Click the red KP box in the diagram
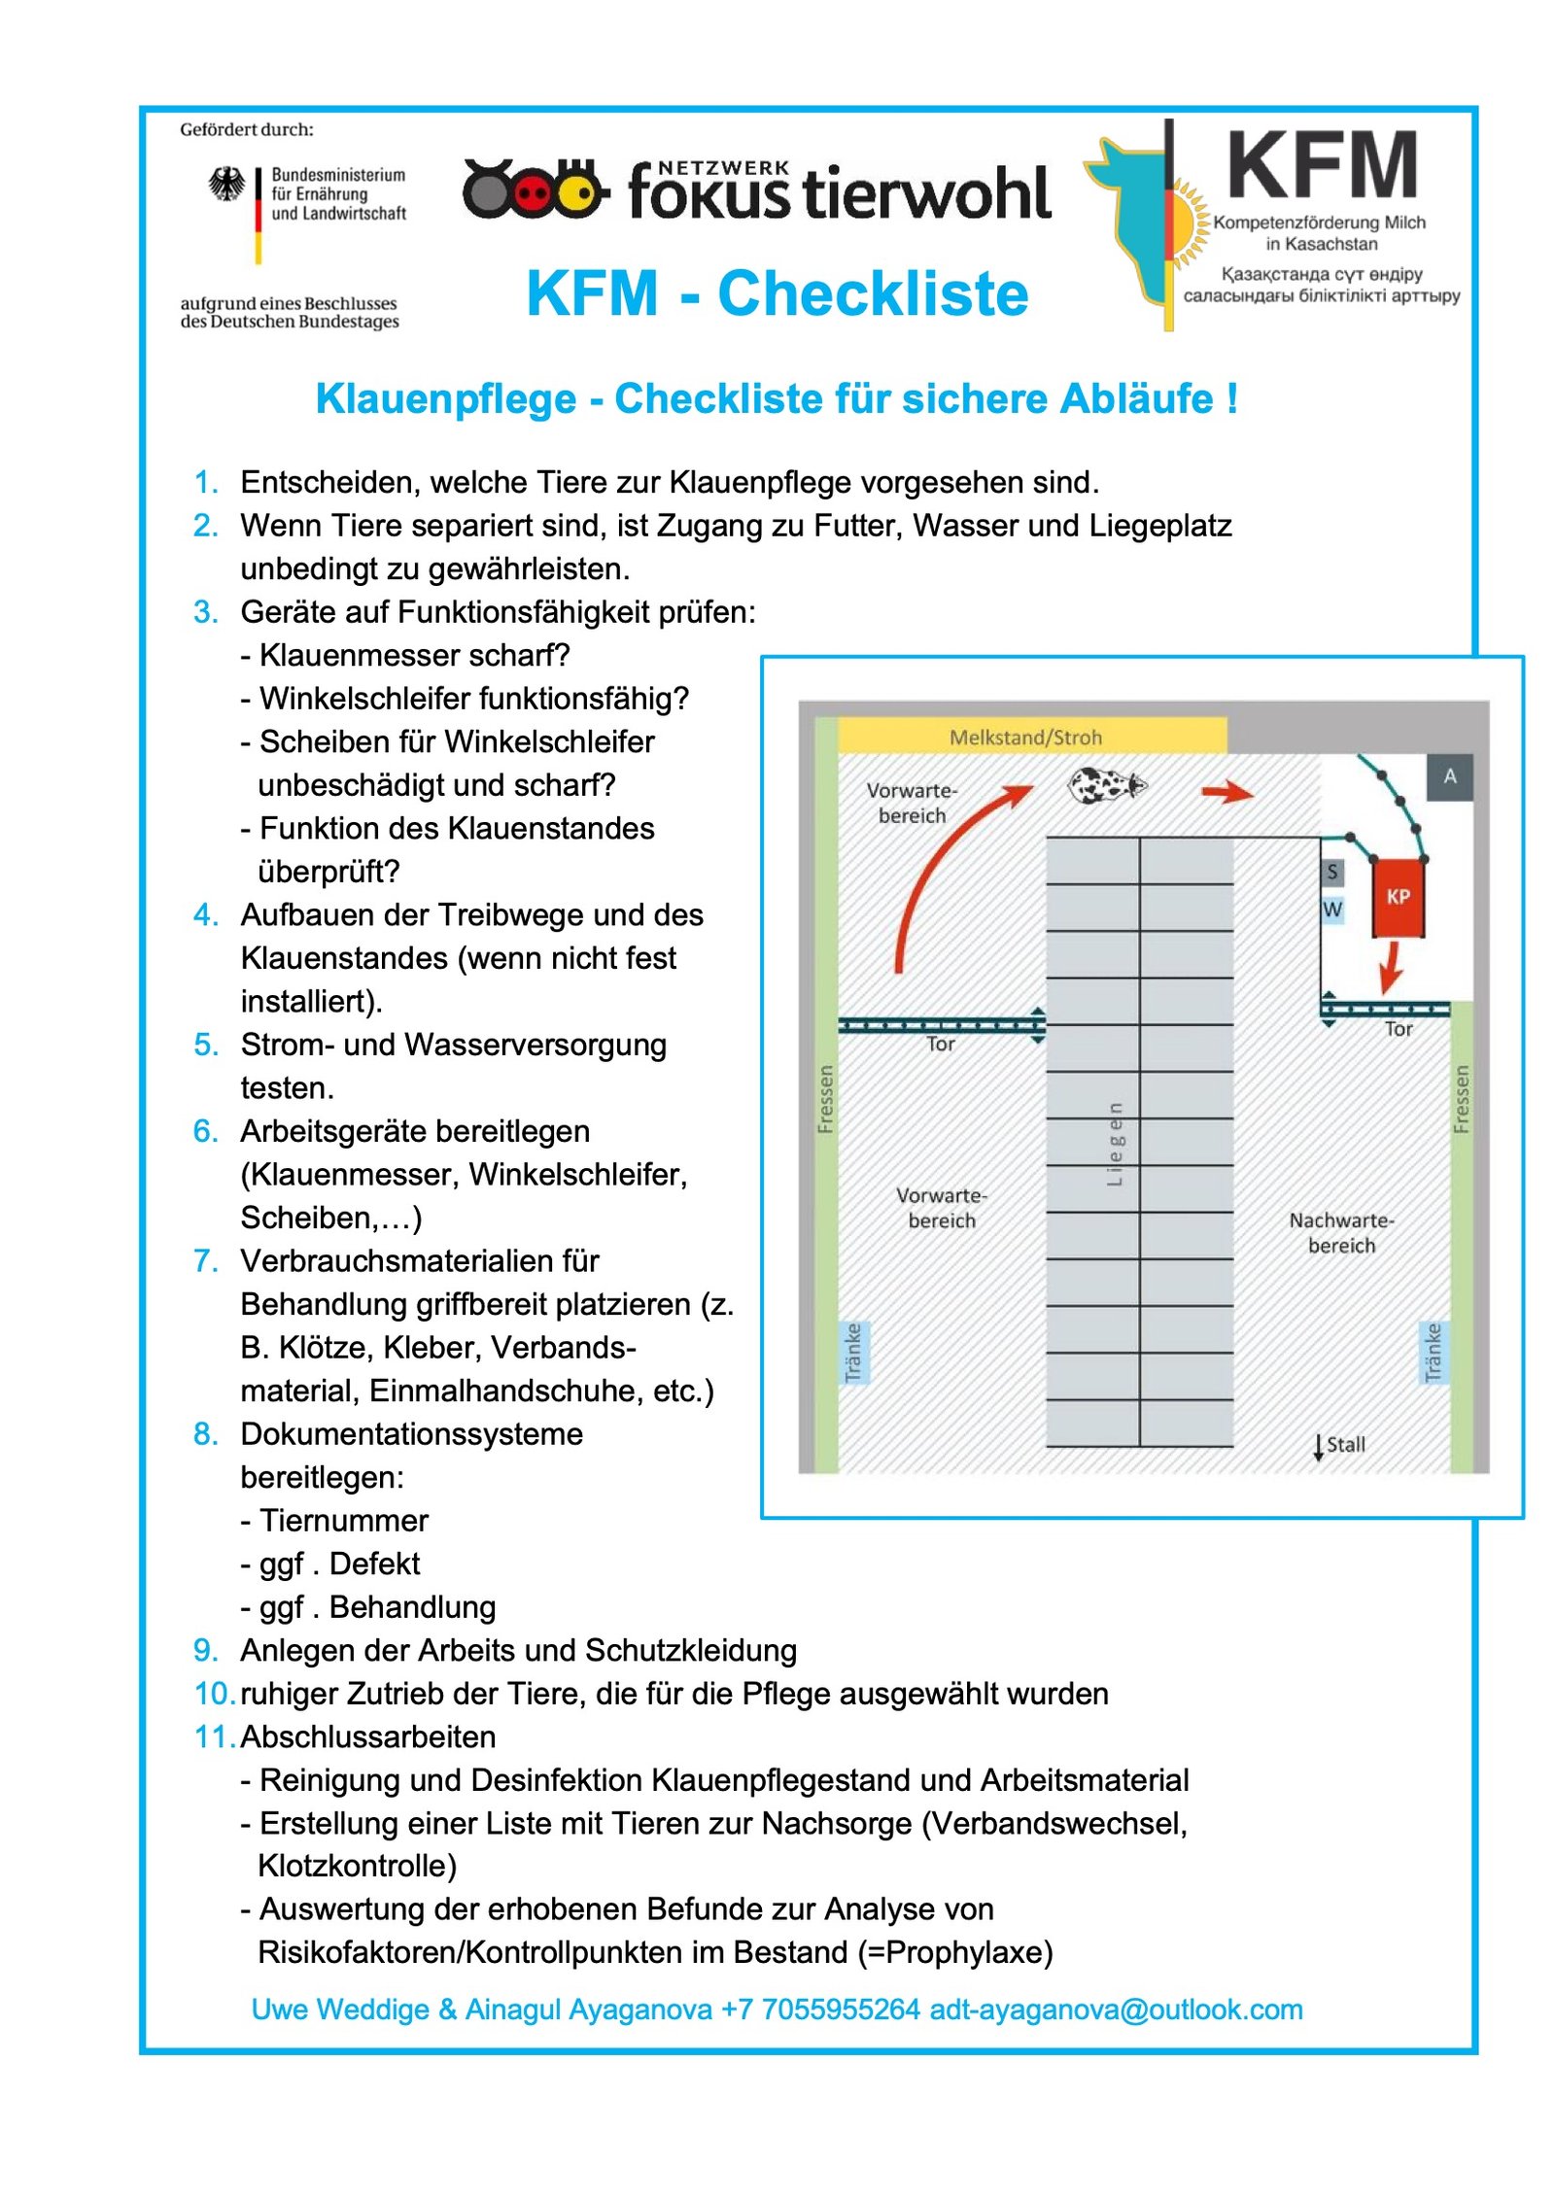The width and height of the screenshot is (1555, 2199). pos(1397,897)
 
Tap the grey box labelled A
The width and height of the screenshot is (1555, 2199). pos(1449,776)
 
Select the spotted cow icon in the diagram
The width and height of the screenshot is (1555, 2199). pos(1106,784)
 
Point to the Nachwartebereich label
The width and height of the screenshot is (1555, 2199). pos(1341,1232)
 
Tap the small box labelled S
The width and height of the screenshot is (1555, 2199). pos(1331,872)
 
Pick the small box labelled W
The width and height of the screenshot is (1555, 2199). pos(1331,910)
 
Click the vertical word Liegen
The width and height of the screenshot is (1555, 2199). pos(1115,1144)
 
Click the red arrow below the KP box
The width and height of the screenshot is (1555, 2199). pos(1391,966)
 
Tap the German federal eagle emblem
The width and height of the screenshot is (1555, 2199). pos(226,184)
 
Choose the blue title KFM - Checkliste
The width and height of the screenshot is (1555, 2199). pos(777,293)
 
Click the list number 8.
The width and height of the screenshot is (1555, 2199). pos(204,1433)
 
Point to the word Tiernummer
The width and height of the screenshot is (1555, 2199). pos(343,1520)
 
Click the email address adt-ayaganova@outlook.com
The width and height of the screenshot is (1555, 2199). pos(1116,2009)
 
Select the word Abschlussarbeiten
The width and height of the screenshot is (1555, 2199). pos(368,1736)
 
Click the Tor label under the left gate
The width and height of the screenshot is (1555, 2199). pos(940,1044)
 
